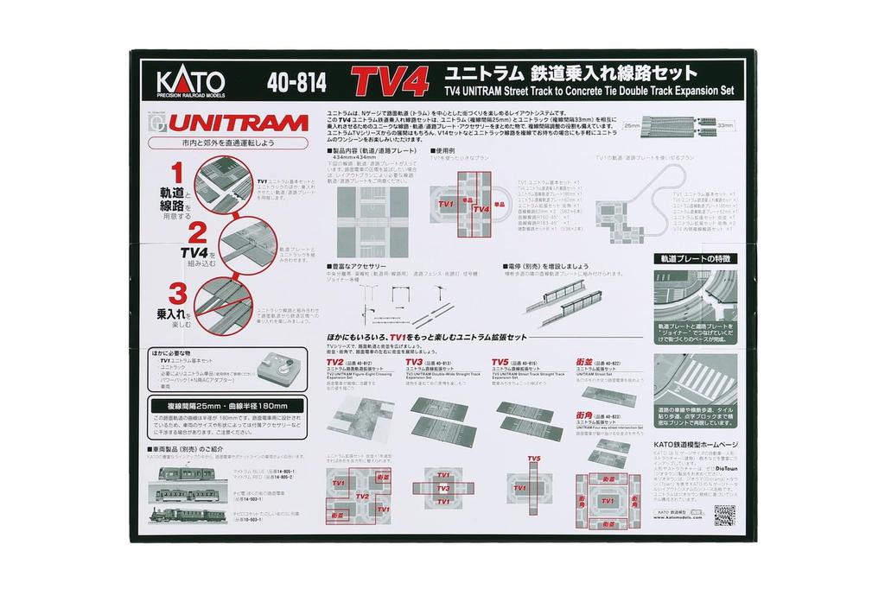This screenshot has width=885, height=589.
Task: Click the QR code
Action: point(724,515)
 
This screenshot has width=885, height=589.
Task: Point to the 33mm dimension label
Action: point(724,125)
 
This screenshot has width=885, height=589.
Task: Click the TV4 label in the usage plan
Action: point(481,208)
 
